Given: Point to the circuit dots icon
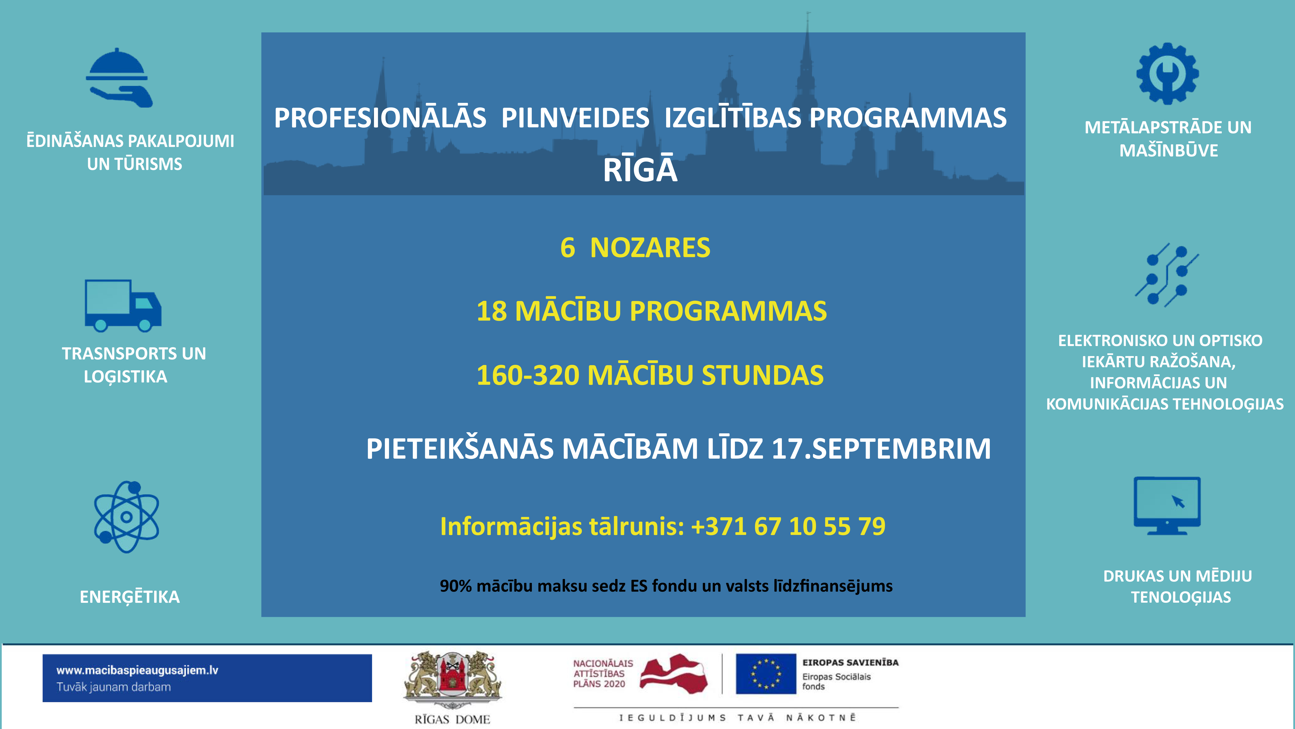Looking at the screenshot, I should pos(1166,275).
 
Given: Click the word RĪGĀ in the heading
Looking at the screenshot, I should pos(640,170).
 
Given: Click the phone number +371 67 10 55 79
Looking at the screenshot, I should pos(788,526).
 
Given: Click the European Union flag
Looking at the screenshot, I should pos(766,674).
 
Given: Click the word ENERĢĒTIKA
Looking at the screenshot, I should pos(130,597).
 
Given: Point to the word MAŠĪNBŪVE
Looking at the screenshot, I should pos(1168,150).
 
